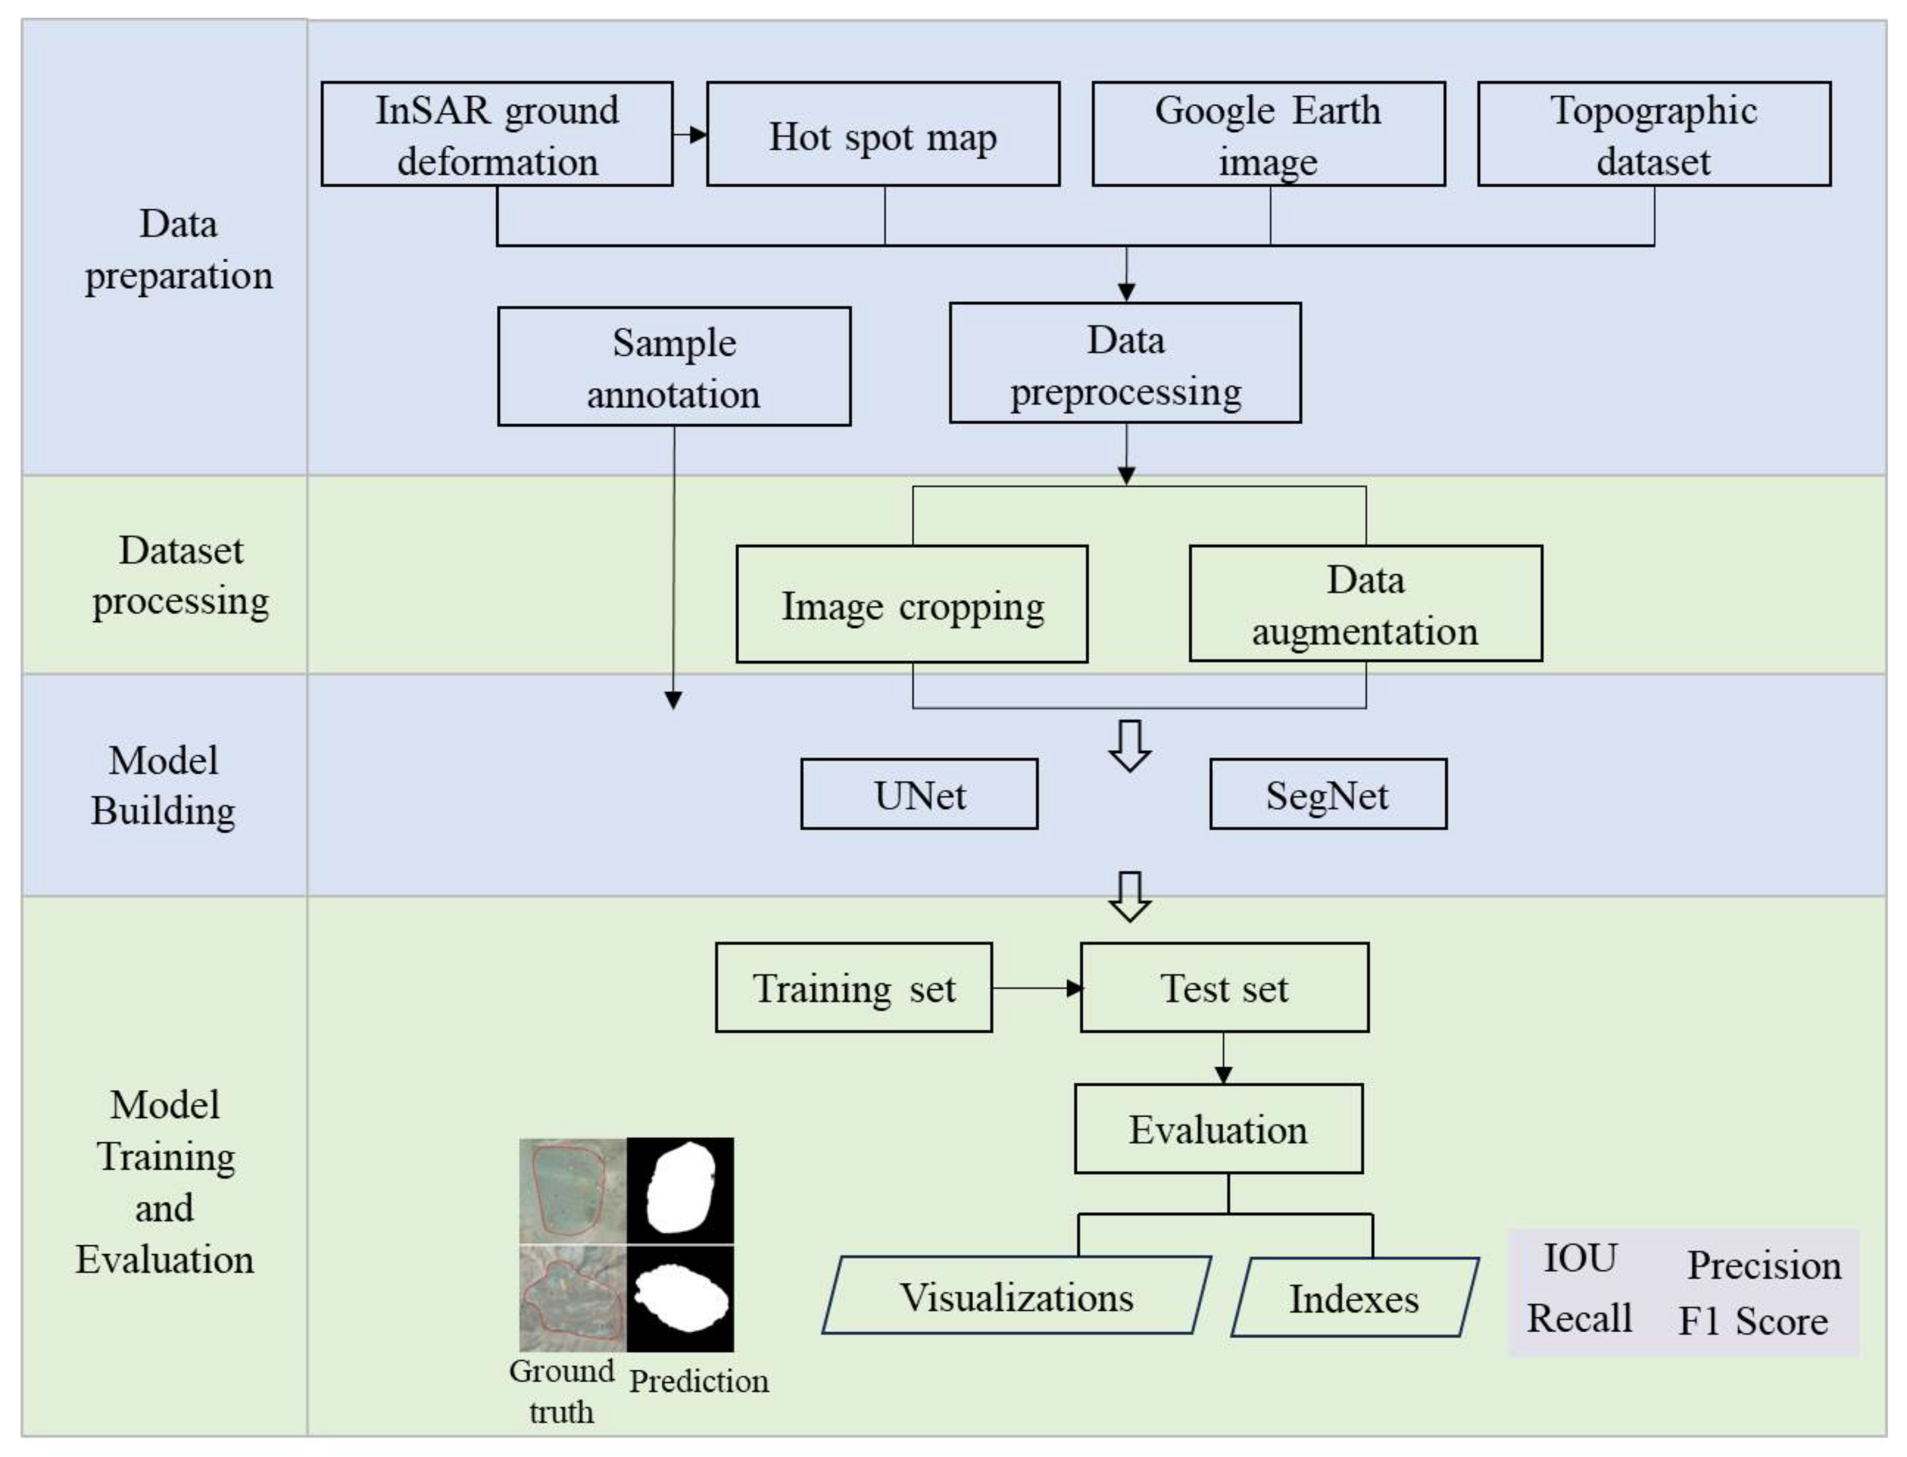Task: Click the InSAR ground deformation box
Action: tap(496, 135)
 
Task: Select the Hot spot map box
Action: tap(883, 135)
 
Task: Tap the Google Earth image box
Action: tap(1268, 135)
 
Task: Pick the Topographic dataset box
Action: tap(1654, 135)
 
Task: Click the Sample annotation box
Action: tap(674, 367)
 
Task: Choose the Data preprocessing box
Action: tap(1125, 363)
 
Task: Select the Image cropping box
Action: tap(911, 605)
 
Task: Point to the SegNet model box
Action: tap(1328, 794)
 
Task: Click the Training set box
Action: tap(853, 988)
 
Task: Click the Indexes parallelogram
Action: tap(1354, 1298)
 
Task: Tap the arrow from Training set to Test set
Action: tap(1036, 988)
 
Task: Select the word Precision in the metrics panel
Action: tap(1763, 1265)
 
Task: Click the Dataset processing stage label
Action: tap(180, 575)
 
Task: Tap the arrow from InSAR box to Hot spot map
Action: tap(690, 135)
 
